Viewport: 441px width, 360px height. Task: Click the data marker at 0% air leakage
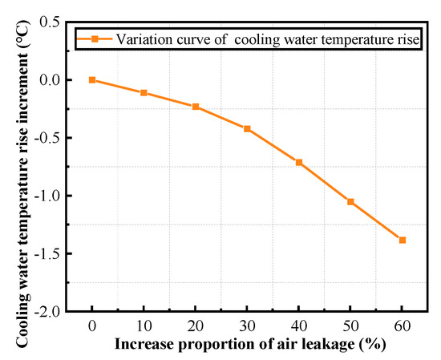click(x=92, y=80)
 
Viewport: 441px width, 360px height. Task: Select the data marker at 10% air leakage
click(x=144, y=93)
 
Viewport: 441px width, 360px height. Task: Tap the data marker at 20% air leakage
click(x=196, y=107)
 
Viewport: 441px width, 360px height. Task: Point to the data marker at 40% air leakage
click(x=299, y=162)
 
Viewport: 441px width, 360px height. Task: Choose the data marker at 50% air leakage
click(x=350, y=201)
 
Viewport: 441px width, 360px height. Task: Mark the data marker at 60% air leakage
click(x=403, y=240)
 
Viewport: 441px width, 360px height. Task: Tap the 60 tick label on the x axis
click(x=403, y=328)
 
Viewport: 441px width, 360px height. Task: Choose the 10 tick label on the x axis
click(x=144, y=328)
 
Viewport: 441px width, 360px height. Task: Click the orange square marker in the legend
click(x=94, y=38)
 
